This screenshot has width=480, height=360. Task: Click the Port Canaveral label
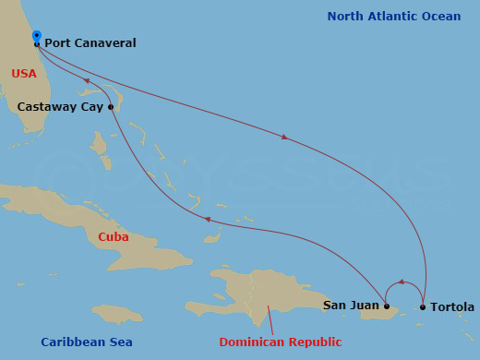pos(90,43)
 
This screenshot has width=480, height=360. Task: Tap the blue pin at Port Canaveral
pos(36,37)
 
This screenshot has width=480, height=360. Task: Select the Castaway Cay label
pos(61,107)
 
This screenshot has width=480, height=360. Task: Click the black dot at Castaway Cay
pos(111,107)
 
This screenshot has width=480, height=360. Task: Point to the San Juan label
pos(351,306)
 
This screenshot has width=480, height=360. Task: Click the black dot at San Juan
pos(387,306)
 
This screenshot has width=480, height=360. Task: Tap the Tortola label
pos(452,307)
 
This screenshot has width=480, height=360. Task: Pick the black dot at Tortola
pos(423,306)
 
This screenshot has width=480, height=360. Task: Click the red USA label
pos(24,73)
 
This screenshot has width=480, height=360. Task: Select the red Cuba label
pos(114,237)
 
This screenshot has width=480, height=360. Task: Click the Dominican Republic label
pos(280,342)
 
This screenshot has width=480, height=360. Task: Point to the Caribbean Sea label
pos(87,342)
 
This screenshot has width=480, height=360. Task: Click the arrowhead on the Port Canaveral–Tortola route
pos(284,138)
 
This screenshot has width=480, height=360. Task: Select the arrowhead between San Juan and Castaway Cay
pos(208,220)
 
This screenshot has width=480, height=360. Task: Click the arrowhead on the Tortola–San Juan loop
pos(401,281)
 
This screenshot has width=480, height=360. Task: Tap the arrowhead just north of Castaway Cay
pos(87,81)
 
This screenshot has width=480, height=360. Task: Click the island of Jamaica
pos(117,314)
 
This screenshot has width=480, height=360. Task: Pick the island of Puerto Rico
pos(378,313)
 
